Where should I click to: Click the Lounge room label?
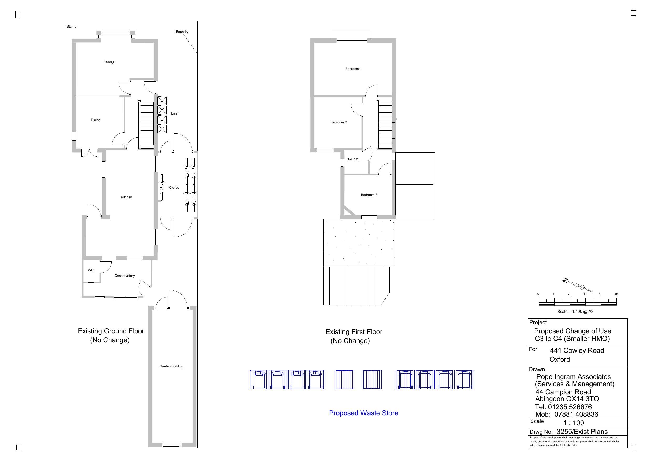[110, 62]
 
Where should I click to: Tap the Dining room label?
[95, 120]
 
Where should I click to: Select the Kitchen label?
[126, 197]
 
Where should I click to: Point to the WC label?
[91, 270]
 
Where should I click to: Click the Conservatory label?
[124, 276]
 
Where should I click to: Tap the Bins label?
[174, 113]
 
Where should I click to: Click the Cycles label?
[174, 187]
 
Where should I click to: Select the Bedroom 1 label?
[353, 69]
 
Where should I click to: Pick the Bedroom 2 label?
[338, 122]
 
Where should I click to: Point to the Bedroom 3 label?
[369, 195]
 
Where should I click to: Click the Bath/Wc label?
[353, 159]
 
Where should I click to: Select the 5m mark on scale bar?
[616, 294]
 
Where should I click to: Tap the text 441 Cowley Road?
[577, 351]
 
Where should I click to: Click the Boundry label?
[182, 32]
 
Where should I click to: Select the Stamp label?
[71, 27]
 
